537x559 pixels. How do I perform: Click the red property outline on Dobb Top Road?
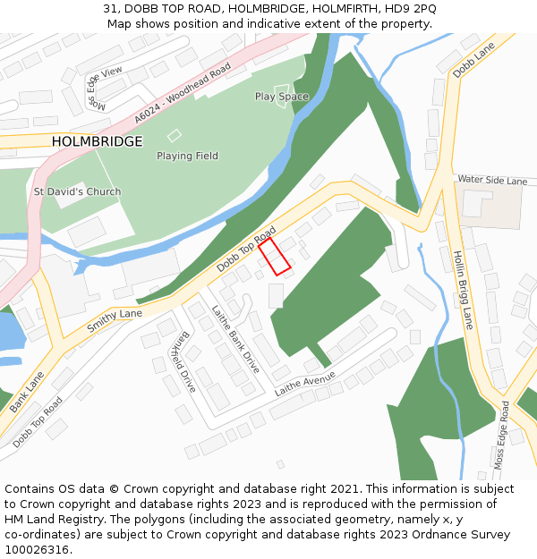coord(275,256)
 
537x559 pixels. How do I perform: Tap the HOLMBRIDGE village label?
coord(97,141)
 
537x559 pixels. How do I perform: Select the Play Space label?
coord(281,97)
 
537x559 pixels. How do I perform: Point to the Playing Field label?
coord(187,156)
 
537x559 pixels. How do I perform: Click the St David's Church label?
coord(77,191)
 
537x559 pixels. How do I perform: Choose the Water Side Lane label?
coord(492,180)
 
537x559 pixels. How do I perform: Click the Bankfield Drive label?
coord(183,361)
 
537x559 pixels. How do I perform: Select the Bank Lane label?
coord(27,392)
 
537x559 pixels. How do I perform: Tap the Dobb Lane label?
coord(473,64)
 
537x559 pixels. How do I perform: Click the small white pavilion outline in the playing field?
coord(174,135)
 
